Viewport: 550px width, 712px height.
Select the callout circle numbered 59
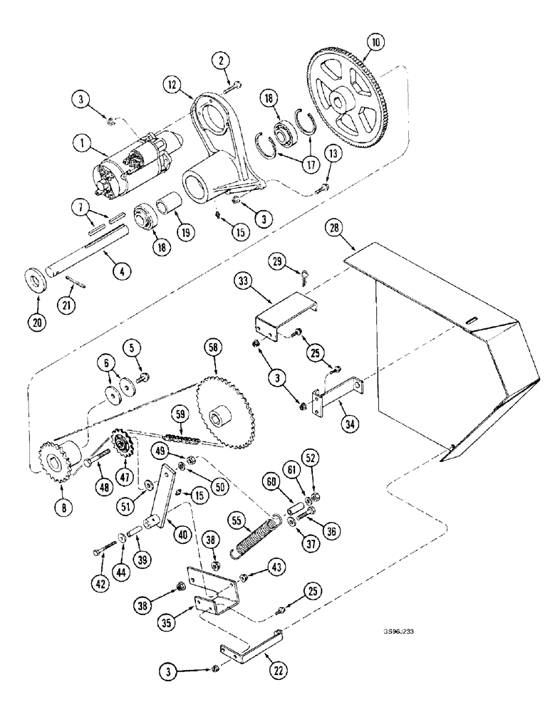[180, 414]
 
